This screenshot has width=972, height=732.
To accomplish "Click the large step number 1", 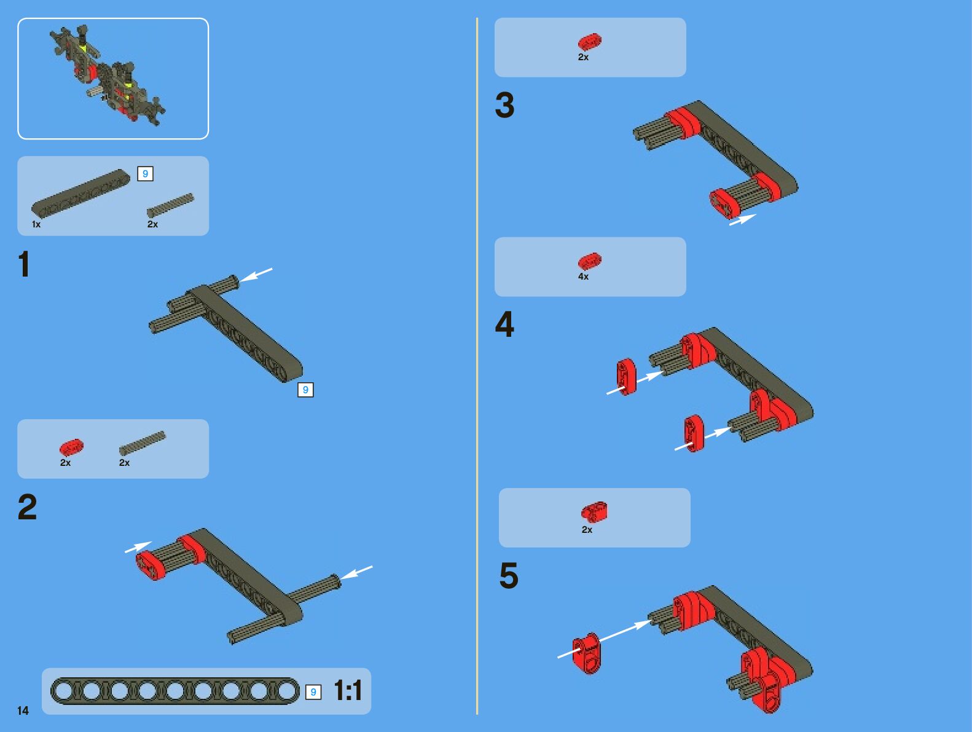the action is [x=25, y=264].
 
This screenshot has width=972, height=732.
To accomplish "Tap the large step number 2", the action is [x=28, y=506].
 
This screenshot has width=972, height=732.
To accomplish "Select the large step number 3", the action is [x=505, y=105].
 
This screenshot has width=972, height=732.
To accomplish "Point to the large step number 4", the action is [x=504, y=324].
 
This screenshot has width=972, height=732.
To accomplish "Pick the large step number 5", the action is [x=509, y=575].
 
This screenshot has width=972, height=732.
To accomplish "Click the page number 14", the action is [x=23, y=710].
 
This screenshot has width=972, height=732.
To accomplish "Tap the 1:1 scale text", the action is [x=348, y=690].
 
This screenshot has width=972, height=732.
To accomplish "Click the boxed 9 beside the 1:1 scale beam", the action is [x=313, y=691].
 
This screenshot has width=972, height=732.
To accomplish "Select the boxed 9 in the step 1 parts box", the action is [x=145, y=173].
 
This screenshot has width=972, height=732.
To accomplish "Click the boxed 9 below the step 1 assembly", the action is [x=305, y=390].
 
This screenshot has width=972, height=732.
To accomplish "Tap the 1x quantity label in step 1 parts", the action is [x=36, y=224].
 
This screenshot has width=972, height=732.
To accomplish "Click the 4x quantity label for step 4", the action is [x=583, y=277].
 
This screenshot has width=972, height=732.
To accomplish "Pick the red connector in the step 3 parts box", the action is [x=590, y=42].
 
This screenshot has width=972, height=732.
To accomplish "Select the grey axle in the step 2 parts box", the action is [x=142, y=443].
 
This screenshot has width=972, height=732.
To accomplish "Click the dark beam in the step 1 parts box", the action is [x=81, y=193].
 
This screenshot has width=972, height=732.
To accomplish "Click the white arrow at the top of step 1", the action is [x=256, y=275].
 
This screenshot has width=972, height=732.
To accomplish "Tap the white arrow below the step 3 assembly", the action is [x=743, y=219].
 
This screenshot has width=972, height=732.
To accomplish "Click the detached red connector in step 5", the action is [x=586, y=653].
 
